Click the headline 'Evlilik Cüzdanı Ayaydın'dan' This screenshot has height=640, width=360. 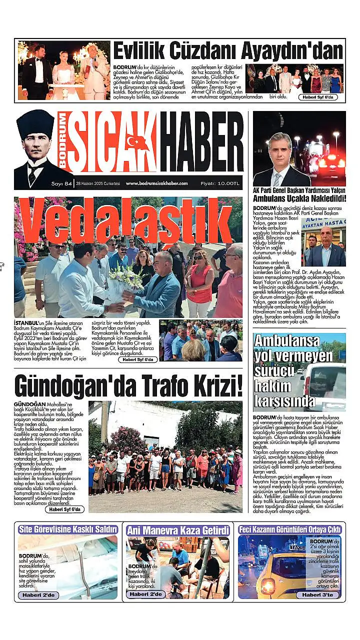pyautogui.click(x=228, y=51)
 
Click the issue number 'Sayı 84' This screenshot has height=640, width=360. pyautogui.click(x=62, y=183)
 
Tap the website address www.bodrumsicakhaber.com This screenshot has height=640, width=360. pyautogui.click(x=156, y=183)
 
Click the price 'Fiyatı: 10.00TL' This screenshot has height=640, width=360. pyautogui.click(x=220, y=183)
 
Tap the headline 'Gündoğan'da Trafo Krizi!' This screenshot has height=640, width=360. pyautogui.click(x=128, y=385)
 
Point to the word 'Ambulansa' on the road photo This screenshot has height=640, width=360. pyautogui.click(x=286, y=341)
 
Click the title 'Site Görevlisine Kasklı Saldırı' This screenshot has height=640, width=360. pyautogui.click(x=68, y=529)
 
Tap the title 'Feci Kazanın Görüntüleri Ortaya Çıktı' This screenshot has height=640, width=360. pyautogui.click(x=289, y=529)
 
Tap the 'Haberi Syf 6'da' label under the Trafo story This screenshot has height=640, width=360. pyautogui.click(x=64, y=509)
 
